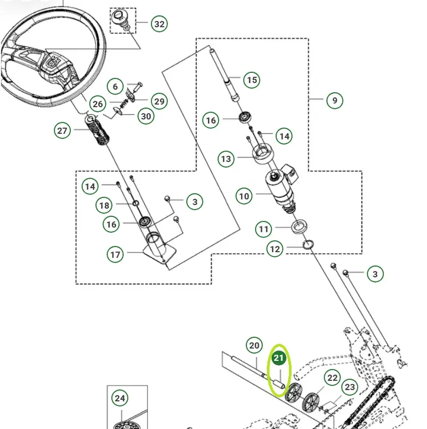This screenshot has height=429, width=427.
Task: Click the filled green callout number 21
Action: pyautogui.click(x=278, y=358)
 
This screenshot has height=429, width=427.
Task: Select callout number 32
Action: pyautogui.click(x=159, y=24)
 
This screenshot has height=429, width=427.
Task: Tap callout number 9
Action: pyautogui.click(x=335, y=100)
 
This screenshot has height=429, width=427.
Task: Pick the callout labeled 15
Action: pyautogui.click(x=252, y=80)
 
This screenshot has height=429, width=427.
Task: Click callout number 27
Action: pyautogui.click(x=62, y=130)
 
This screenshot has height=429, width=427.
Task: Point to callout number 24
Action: pyautogui.click(x=120, y=398)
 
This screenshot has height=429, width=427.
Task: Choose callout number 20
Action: pyautogui.click(x=254, y=345)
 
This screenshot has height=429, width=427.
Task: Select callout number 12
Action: pyautogui.click(x=274, y=249)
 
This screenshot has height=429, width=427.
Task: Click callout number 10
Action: pyautogui.click(x=244, y=196)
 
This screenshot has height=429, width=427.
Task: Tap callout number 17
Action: pyautogui.click(x=115, y=254)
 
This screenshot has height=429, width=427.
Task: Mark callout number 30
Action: pyautogui.click(x=146, y=116)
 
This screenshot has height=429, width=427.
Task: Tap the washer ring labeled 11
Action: pyautogui.click(x=299, y=226)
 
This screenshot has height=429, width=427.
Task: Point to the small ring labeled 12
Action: pyautogui.click(x=308, y=245)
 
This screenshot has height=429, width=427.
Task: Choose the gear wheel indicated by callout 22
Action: pyautogui.click(x=311, y=402)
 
